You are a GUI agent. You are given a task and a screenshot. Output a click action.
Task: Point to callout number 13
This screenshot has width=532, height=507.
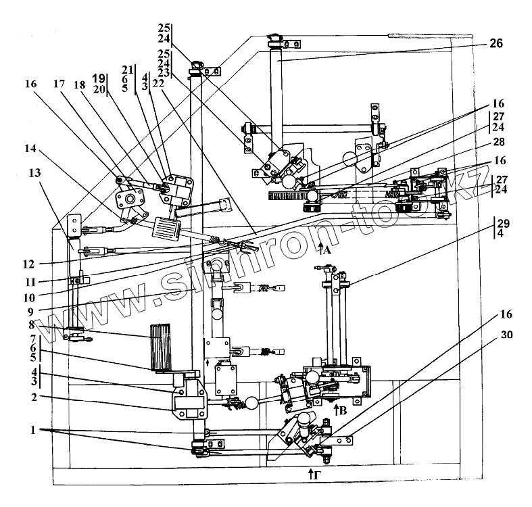point(33,174)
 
